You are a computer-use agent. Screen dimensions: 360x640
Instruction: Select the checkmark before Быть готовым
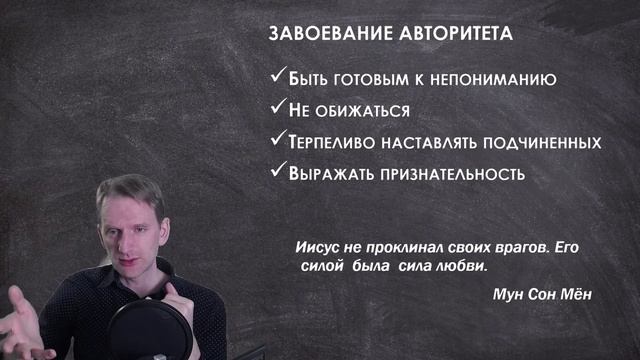click(277, 76)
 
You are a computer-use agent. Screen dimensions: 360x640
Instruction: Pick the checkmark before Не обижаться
click(277, 108)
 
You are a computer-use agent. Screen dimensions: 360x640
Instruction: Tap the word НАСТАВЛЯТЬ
click(427, 142)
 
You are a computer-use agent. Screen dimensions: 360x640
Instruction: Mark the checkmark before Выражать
click(277, 171)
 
